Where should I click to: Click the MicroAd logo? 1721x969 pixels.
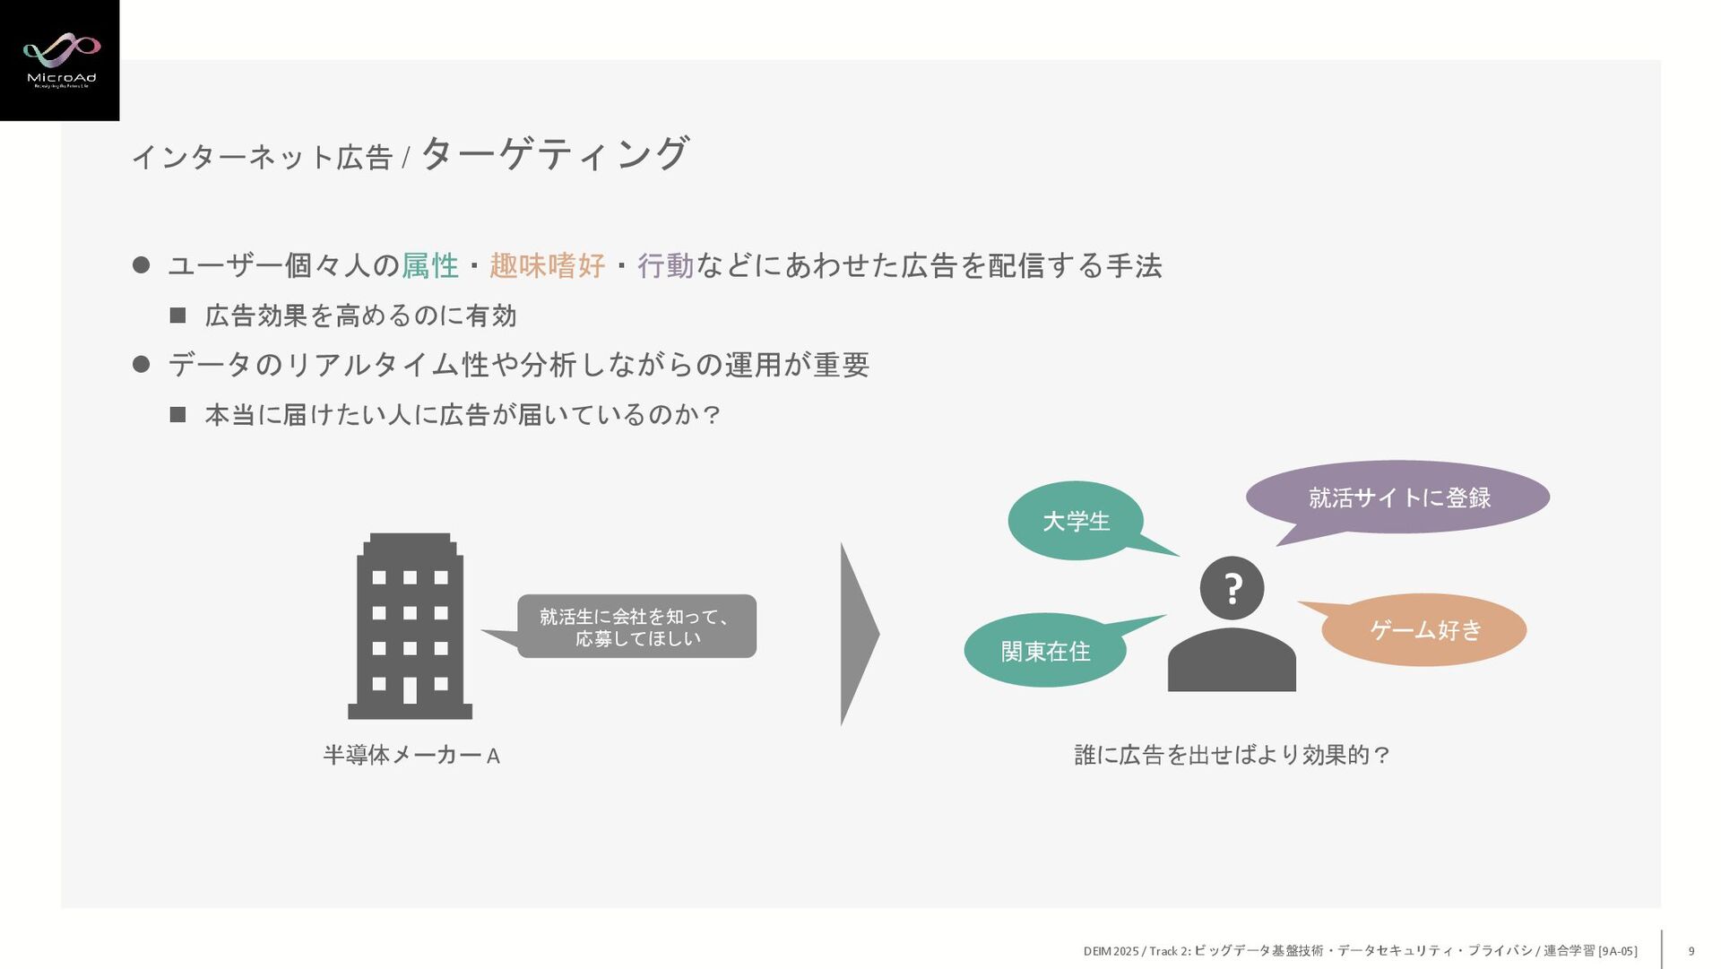[x=60, y=60]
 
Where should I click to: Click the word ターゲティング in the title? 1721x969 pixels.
[x=555, y=153]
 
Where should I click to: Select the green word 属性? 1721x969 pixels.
[x=430, y=265]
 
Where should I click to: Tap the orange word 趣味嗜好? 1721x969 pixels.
[x=547, y=265]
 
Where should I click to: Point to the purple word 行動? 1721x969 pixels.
[x=666, y=265]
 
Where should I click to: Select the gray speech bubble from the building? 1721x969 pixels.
[x=636, y=627]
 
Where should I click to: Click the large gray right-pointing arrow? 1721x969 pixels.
[x=858, y=634]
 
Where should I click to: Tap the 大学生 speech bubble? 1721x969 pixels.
[x=1076, y=521]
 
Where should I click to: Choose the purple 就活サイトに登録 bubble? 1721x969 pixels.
[x=1398, y=497]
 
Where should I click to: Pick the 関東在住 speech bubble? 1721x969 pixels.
[x=1045, y=651]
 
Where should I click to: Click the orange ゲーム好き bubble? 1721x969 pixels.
[x=1424, y=630]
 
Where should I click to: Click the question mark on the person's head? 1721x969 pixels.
[x=1232, y=589]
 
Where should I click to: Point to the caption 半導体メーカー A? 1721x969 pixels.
[x=411, y=756]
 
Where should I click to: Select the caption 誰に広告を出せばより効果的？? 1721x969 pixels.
[x=1232, y=755]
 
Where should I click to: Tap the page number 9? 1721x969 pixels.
[x=1691, y=951]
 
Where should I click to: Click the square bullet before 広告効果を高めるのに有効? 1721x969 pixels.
[x=177, y=316]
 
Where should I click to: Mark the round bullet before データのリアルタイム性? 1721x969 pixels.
[x=141, y=364]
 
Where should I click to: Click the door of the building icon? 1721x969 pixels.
[x=410, y=690]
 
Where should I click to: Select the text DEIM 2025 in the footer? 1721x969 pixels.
[x=1111, y=951]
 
